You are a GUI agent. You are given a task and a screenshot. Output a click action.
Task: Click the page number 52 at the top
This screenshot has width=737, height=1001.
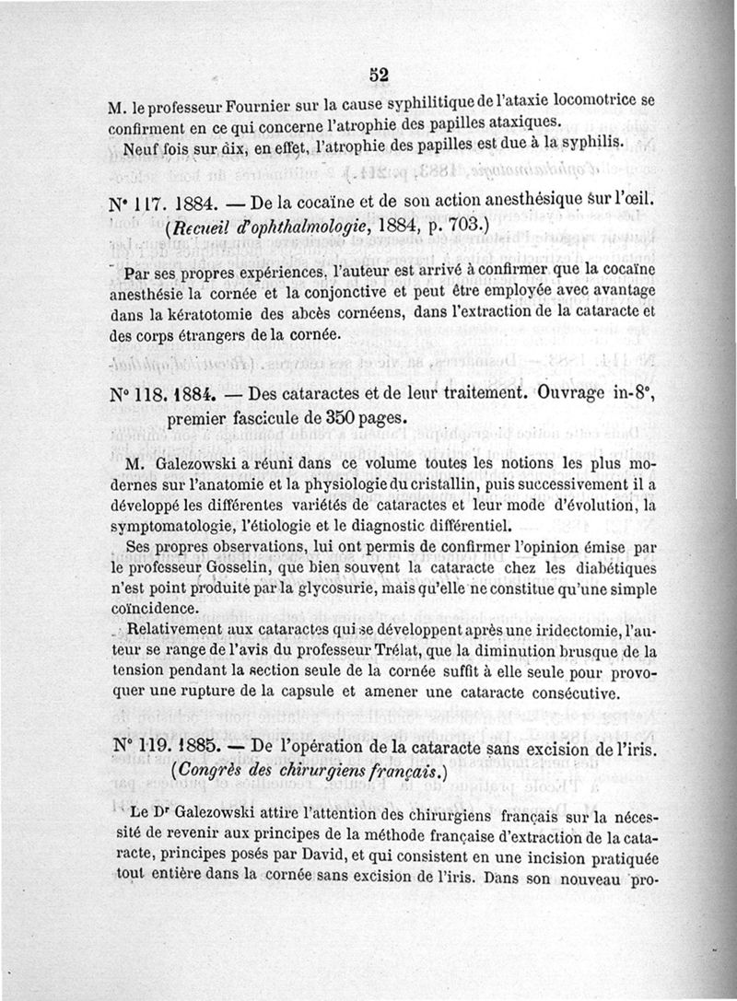click(376, 76)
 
